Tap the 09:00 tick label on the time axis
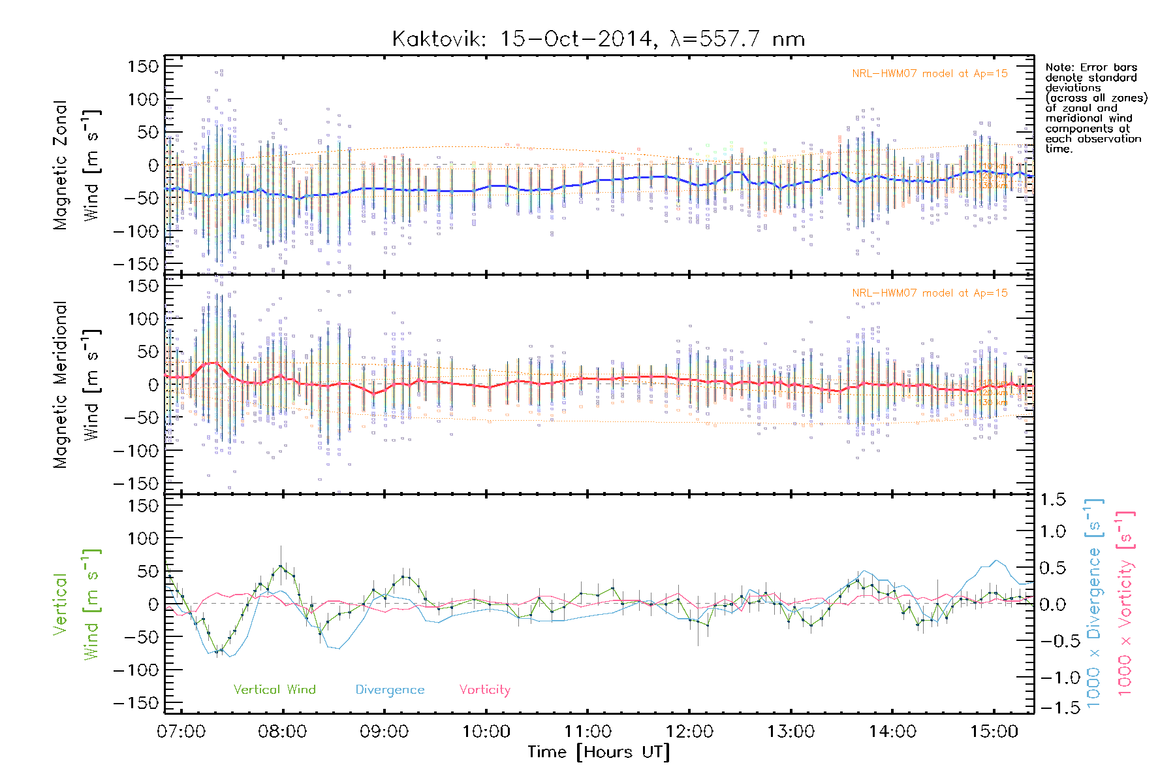(x=384, y=731)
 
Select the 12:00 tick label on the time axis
(x=689, y=731)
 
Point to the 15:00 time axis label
(x=994, y=731)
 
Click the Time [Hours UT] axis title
(x=599, y=752)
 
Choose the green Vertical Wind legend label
(x=274, y=689)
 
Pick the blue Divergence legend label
(x=390, y=689)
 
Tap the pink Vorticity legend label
(x=484, y=689)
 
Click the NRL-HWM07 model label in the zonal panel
(x=930, y=74)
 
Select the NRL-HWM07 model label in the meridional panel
(x=930, y=293)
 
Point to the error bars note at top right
(x=1095, y=108)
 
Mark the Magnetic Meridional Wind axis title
(x=77, y=385)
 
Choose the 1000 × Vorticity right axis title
(x=1125, y=604)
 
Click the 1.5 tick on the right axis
(x=1052, y=500)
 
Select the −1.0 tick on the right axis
(x=1052, y=678)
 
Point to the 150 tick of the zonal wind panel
(x=143, y=66)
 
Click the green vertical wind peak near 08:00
(x=281, y=566)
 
